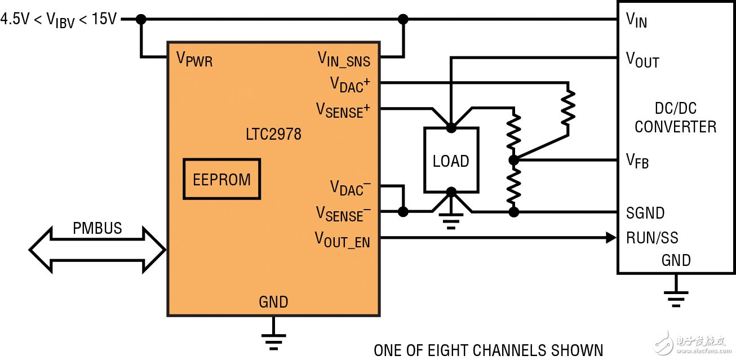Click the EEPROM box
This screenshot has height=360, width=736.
pyautogui.click(x=222, y=179)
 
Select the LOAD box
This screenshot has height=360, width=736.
pyautogui.click(x=451, y=161)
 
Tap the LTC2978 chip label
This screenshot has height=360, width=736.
pyautogui.click(x=273, y=135)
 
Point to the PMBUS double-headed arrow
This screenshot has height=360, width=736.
pyautogui.click(x=97, y=249)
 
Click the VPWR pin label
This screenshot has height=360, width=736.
pyautogui.click(x=195, y=59)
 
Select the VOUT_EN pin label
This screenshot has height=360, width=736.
pyautogui.click(x=342, y=240)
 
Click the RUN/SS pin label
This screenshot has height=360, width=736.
pyautogui.click(x=652, y=238)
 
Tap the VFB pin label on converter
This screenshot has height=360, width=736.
pyautogui.click(x=637, y=162)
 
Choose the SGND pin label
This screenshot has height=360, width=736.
pyautogui.click(x=645, y=213)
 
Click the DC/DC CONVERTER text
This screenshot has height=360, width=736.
pyautogui.click(x=675, y=118)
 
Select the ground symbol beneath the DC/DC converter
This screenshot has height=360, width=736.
pyautogui.click(x=675, y=296)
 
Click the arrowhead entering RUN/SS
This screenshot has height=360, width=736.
pyautogui.click(x=611, y=238)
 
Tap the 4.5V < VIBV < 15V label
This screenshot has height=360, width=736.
pyautogui.click(x=59, y=19)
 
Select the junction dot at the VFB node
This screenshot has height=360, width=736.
pyautogui.click(x=513, y=161)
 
